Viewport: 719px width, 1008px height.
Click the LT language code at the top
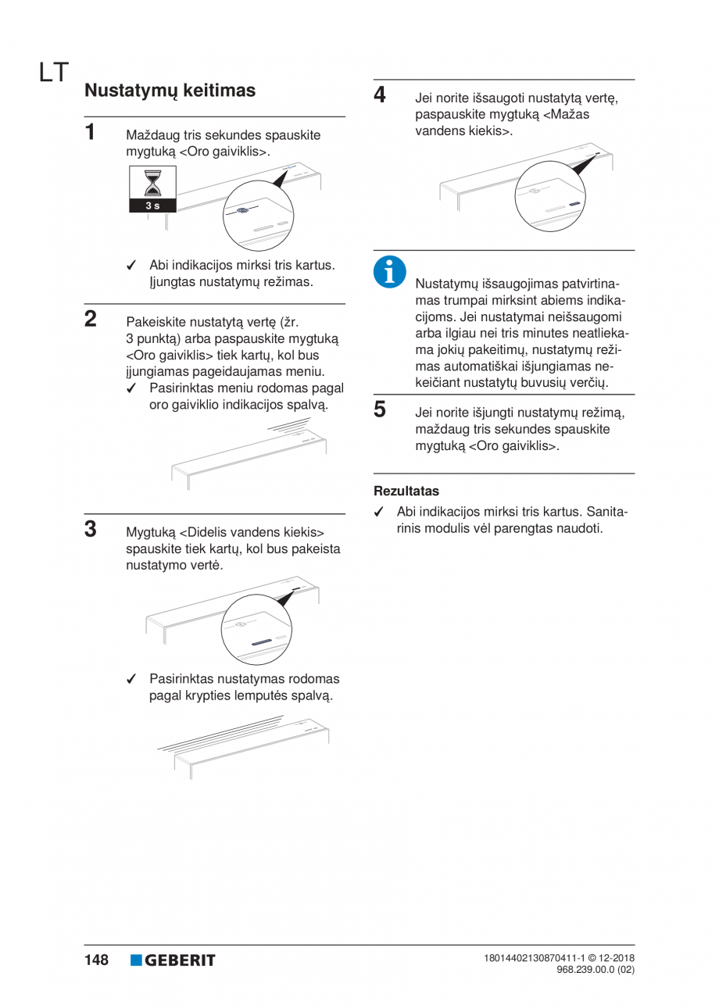pyautogui.click(x=54, y=73)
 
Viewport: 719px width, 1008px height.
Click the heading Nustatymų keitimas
pyautogui.click(x=170, y=91)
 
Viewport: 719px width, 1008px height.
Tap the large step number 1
pyautogui.click(x=90, y=132)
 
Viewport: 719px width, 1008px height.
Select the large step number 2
pyautogui.click(x=91, y=319)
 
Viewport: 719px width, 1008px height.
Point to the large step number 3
pyautogui.click(x=91, y=529)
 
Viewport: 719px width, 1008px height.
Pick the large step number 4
pyautogui.click(x=380, y=95)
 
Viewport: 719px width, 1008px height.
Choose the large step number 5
pyautogui.click(x=380, y=409)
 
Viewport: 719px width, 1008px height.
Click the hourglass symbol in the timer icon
pyautogui.click(x=152, y=183)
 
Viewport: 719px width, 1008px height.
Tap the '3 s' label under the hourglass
pyautogui.click(x=152, y=206)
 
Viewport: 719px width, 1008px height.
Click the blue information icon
pyautogui.click(x=390, y=272)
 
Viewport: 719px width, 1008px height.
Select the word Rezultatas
pyautogui.click(x=406, y=491)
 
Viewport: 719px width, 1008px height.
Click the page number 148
pyautogui.click(x=96, y=960)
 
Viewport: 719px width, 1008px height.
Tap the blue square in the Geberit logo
pyautogui.click(x=136, y=960)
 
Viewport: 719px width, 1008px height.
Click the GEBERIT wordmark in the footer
pyautogui.click(x=180, y=960)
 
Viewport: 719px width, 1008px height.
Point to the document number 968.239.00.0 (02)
pyautogui.click(x=596, y=969)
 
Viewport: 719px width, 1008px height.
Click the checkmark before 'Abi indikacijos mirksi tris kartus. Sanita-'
pyautogui.click(x=379, y=512)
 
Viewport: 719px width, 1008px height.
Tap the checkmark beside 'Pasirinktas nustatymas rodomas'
pyautogui.click(x=131, y=679)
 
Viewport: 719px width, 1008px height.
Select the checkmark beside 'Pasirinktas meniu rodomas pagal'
pyautogui.click(x=131, y=388)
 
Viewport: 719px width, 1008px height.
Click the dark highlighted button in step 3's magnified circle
pyautogui.click(x=261, y=642)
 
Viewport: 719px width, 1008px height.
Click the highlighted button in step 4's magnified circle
pyautogui.click(x=574, y=203)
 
